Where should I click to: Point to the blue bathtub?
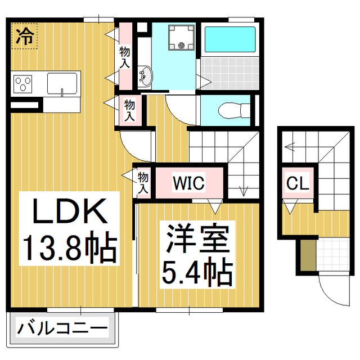(229, 39)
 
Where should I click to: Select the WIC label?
(188, 183)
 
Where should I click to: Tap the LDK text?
(69, 213)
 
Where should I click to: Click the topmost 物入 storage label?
(124, 57)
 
